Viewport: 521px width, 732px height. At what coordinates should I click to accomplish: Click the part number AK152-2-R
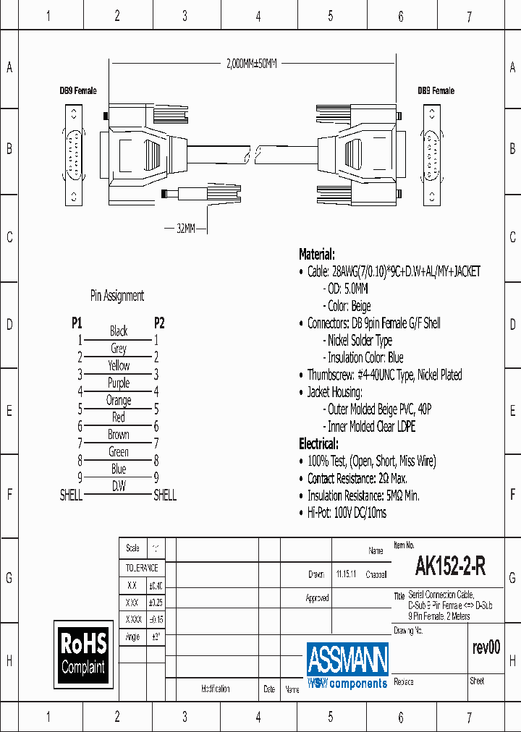pyautogui.click(x=450, y=568)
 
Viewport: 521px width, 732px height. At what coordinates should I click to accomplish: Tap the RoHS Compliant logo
pyautogui.click(x=84, y=653)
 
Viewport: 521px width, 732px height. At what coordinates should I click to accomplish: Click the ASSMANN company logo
pyautogui.click(x=347, y=664)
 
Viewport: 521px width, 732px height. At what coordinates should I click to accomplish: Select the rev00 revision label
pyautogui.click(x=486, y=647)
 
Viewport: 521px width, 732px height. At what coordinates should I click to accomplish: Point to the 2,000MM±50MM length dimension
pyautogui.click(x=251, y=64)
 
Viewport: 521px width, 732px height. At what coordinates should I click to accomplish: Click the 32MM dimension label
pyautogui.click(x=186, y=229)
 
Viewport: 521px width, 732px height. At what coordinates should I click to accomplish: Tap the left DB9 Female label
pyautogui.click(x=77, y=91)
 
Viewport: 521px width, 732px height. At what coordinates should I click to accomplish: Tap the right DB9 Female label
pyautogui.click(x=436, y=91)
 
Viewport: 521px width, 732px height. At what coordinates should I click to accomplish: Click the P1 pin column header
pyautogui.click(x=77, y=323)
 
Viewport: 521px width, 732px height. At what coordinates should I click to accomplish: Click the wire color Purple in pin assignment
pyautogui.click(x=119, y=383)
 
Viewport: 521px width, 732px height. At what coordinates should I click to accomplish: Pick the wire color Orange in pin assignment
pyautogui.click(x=119, y=400)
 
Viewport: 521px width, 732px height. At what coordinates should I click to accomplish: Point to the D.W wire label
pyautogui.click(x=119, y=487)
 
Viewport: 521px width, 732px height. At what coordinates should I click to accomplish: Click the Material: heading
pyautogui.click(x=317, y=255)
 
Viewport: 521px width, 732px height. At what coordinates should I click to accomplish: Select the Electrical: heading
pyautogui.click(x=318, y=443)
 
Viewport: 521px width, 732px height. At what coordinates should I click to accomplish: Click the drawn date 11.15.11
pyautogui.click(x=346, y=575)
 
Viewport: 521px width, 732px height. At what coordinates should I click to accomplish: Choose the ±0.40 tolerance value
pyautogui.click(x=155, y=585)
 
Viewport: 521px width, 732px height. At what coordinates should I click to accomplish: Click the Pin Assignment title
pyautogui.click(x=117, y=295)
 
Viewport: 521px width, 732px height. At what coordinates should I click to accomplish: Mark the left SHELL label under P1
pyautogui.click(x=71, y=495)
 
